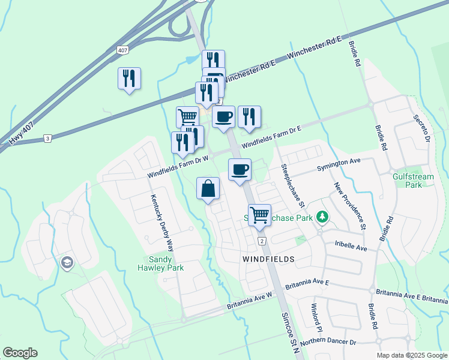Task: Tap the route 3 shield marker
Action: click(48, 138)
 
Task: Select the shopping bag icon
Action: click(208, 189)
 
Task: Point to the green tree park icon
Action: click(322, 216)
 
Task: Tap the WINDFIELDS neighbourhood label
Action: click(268, 259)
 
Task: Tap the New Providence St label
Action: click(350, 206)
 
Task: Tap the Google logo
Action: click(20, 353)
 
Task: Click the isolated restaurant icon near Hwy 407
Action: click(130, 79)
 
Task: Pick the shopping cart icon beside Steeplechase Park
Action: click(259, 215)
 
